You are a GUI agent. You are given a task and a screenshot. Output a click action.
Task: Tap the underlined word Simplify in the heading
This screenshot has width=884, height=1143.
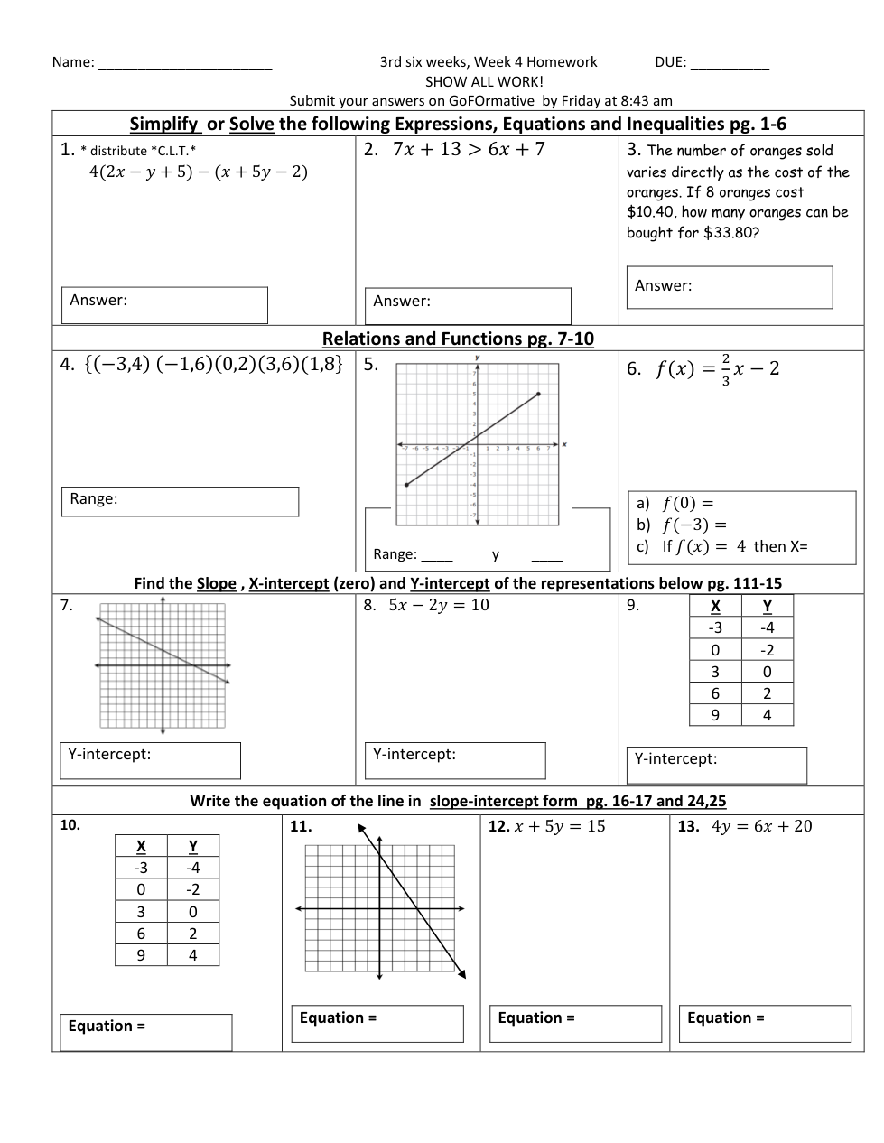tap(163, 125)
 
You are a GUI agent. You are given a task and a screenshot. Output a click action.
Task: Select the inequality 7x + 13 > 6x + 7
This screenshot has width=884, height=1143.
tap(469, 150)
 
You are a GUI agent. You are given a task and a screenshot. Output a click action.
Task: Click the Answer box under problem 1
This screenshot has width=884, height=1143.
tap(164, 305)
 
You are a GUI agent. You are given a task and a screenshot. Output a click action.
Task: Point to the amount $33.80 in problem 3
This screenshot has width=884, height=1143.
tap(731, 233)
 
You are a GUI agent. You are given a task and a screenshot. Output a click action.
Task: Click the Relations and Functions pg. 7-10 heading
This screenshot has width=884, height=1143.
tap(458, 339)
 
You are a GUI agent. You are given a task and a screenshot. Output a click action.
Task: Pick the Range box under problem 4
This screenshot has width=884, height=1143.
tap(180, 502)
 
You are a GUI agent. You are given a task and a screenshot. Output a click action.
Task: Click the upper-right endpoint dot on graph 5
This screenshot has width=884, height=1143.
tap(539, 394)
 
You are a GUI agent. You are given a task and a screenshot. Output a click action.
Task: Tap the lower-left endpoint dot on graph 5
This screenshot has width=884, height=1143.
tap(406, 485)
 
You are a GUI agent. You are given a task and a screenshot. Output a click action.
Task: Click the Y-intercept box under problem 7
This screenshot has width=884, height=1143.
tap(150, 760)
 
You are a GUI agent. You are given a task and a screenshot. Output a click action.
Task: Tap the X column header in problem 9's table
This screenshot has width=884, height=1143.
tap(715, 607)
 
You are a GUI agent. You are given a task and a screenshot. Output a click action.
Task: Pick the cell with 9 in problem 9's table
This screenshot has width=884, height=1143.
tap(715, 715)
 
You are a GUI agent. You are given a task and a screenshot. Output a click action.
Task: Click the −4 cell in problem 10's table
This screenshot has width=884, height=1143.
tap(192, 868)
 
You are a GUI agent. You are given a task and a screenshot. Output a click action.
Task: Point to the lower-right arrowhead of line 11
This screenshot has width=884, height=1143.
tap(462, 974)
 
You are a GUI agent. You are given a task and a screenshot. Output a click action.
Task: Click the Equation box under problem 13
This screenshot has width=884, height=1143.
tap(765, 1024)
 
